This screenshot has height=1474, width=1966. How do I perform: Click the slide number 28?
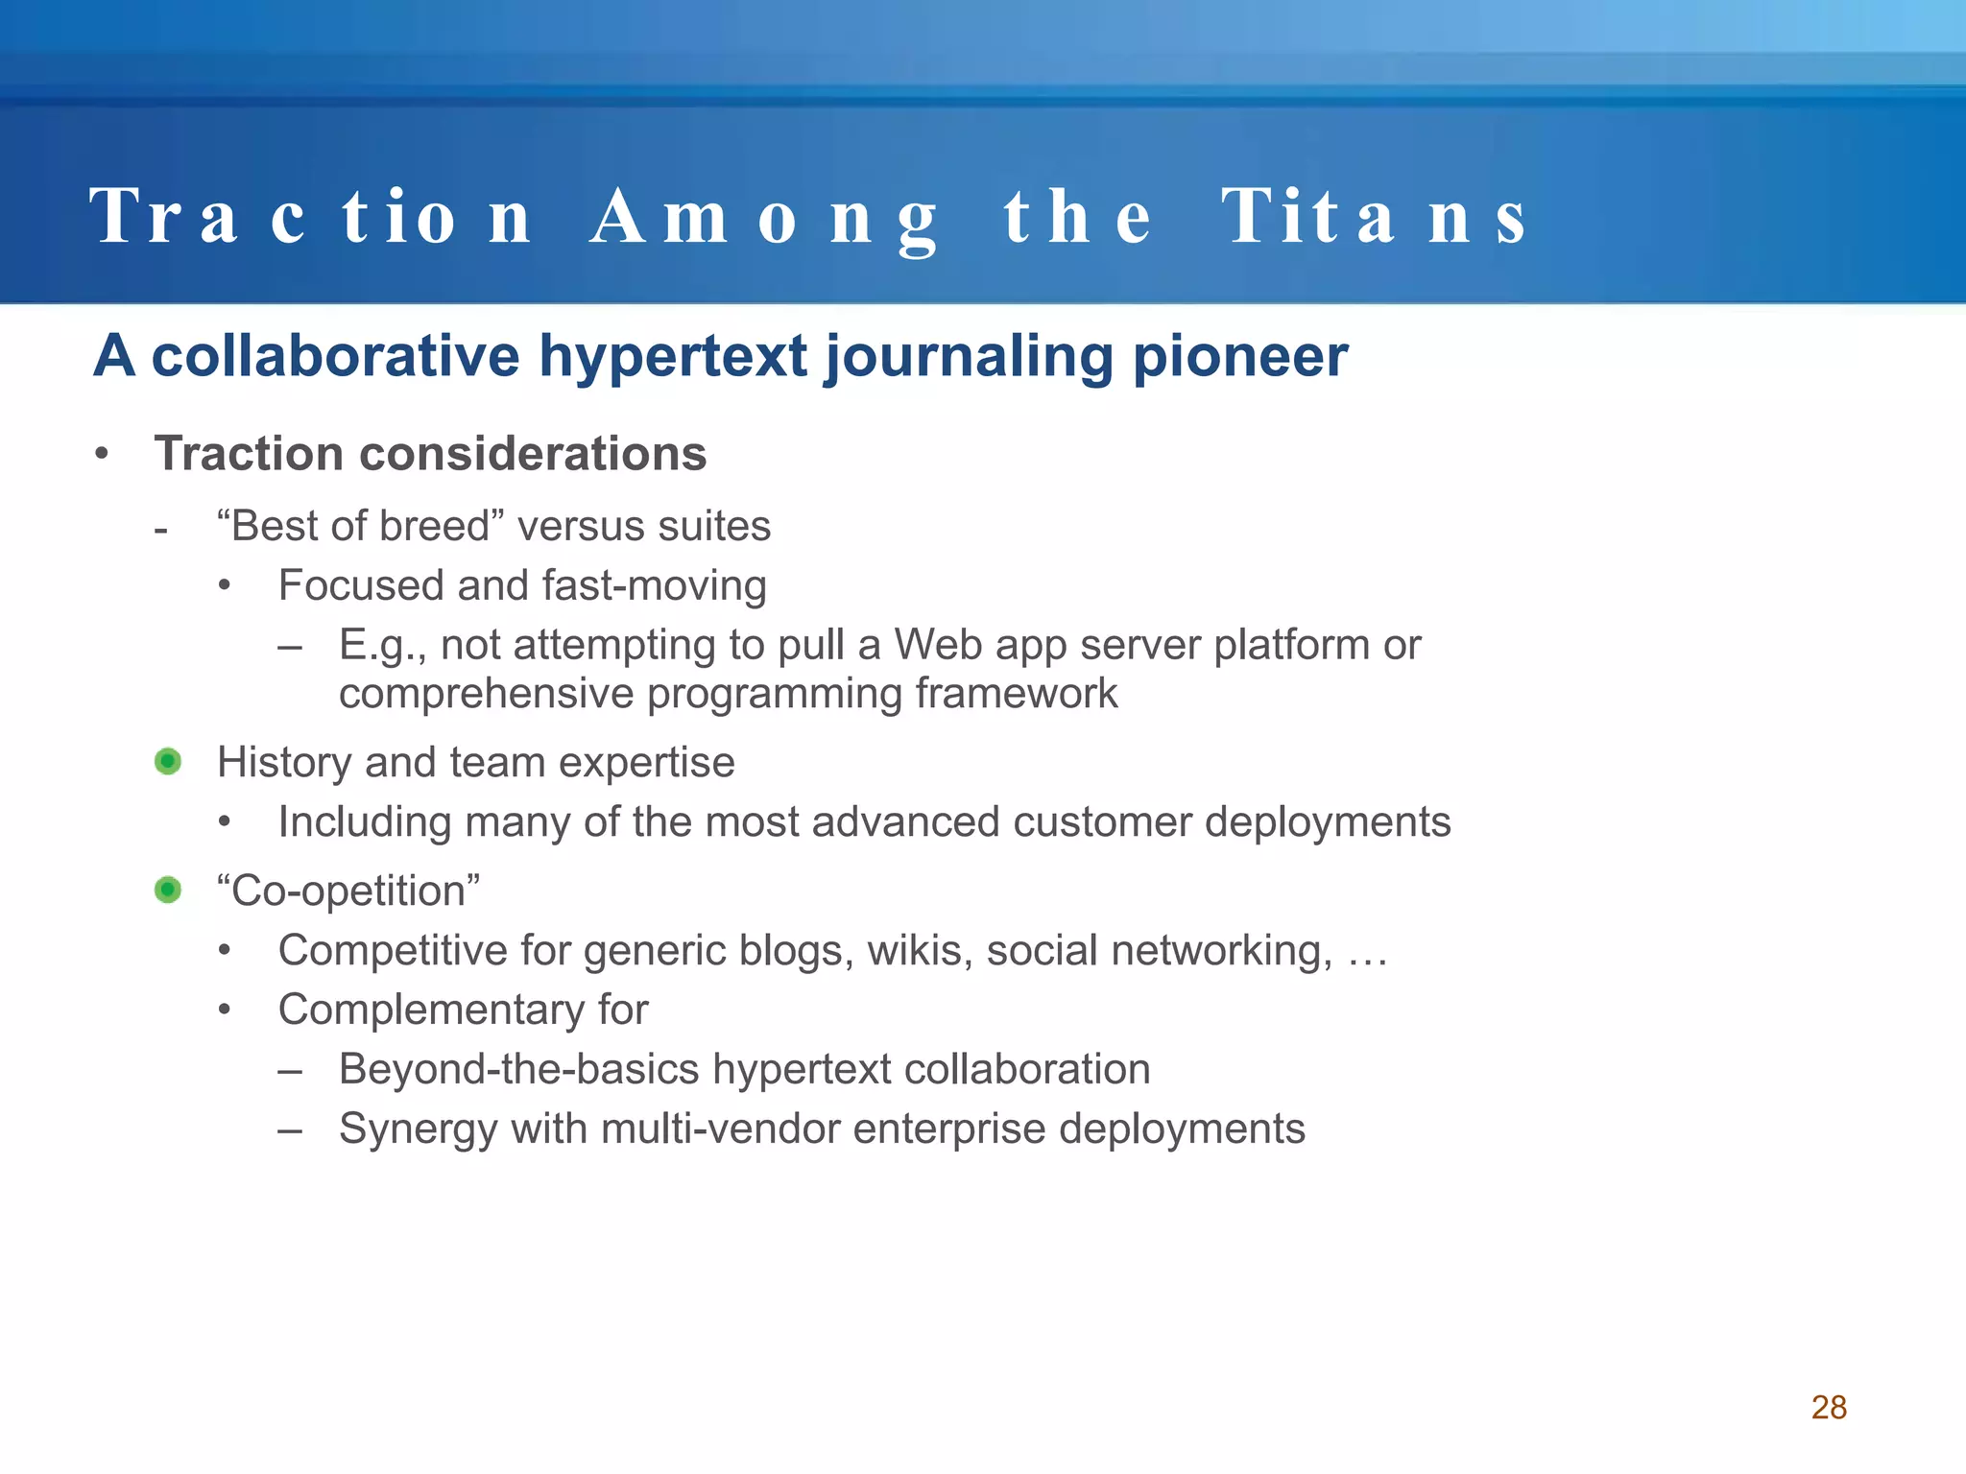1829,1407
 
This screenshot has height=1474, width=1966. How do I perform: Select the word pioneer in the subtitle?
1240,356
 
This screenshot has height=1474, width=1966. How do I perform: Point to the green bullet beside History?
168,762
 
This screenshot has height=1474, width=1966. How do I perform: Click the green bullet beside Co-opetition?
168,891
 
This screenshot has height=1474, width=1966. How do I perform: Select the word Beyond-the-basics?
518,1070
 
